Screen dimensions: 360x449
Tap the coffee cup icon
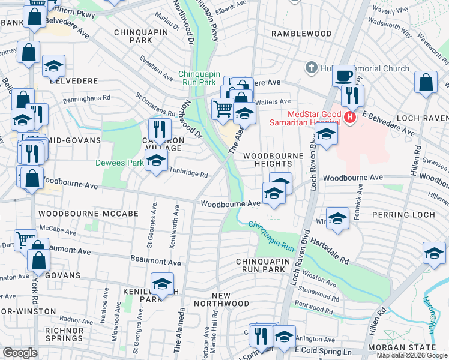(343, 76)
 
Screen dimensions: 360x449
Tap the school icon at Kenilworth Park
(162, 284)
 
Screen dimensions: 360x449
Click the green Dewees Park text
(119, 162)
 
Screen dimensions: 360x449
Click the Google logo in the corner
(20, 353)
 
